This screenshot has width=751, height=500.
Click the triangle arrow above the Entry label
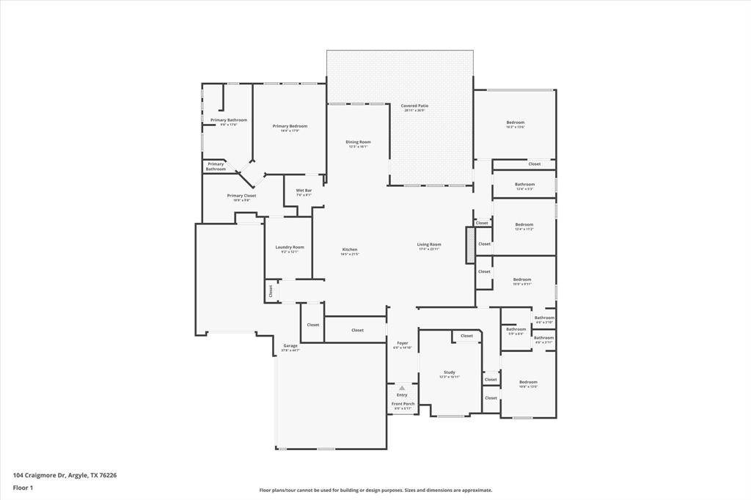click(x=402, y=388)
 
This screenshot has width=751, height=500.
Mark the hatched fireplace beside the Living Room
click(x=470, y=245)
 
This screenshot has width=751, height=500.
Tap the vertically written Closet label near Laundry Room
click(x=270, y=291)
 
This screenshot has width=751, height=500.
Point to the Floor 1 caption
click(x=22, y=487)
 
